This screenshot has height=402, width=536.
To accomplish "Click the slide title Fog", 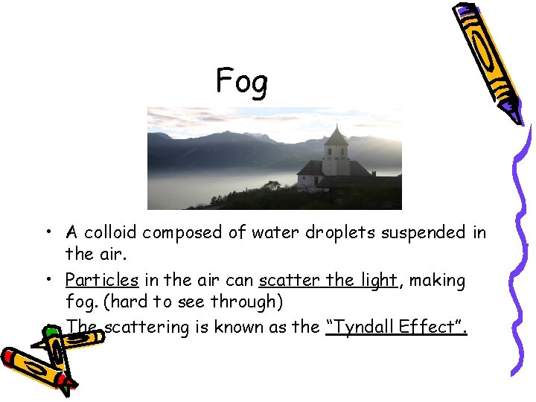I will coord(241,82).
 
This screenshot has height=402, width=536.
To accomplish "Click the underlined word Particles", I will coord(101,281).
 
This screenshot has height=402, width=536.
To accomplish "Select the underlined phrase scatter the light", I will coord(328,281).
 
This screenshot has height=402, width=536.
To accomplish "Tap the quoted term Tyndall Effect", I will coord(396,328).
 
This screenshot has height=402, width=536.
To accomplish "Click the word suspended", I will coord(424,232).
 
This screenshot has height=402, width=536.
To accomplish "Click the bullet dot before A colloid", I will coord(47,233).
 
